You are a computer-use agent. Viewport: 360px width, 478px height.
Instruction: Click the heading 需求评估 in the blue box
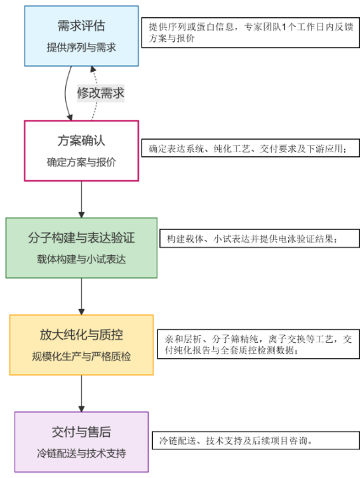tap(81, 26)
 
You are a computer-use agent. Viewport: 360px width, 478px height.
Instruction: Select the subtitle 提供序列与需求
tap(81, 47)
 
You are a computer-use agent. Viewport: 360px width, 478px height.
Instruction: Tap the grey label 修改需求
tap(100, 93)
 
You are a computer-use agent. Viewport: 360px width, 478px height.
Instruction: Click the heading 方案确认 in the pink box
tap(81, 141)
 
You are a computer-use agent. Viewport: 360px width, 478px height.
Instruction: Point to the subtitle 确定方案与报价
tap(81, 162)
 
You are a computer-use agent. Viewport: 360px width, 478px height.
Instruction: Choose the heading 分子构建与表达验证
tap(81, 238)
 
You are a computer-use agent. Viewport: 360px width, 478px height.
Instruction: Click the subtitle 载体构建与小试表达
tap(81, 259)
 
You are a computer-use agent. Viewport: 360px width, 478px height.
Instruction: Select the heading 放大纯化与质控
tap(81, 334)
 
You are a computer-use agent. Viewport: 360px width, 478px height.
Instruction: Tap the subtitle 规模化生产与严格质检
tap(81, 356)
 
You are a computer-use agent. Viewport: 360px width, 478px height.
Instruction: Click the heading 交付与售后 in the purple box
tap(81, 432)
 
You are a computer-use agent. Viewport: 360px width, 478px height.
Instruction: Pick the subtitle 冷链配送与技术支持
tap(81, 453)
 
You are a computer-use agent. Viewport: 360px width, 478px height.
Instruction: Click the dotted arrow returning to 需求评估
tap(96, 93)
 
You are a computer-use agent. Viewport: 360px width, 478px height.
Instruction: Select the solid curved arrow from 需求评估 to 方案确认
tap(65, 93)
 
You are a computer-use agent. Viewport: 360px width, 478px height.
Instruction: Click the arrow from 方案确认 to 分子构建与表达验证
tap(81, 199)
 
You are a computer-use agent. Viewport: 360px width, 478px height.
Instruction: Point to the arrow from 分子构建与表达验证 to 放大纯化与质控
tap(81, 297)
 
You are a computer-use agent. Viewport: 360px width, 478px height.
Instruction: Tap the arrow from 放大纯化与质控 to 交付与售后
tap(81, 394)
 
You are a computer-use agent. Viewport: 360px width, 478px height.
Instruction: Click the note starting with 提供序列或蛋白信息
tap(250, 33)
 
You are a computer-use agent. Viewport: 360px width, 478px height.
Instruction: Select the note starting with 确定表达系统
tap(250, 148)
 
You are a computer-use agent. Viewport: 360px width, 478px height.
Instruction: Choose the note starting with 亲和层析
tap(258, 344)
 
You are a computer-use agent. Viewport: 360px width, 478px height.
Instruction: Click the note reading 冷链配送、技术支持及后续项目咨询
tap(256, 441)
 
